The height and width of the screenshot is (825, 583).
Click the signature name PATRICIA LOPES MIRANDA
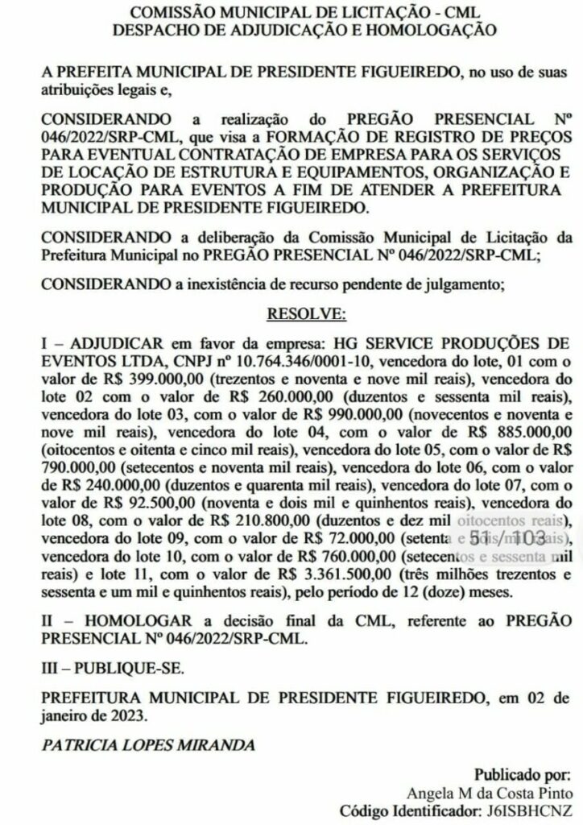pos(149,744)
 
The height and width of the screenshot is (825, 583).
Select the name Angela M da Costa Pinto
pos(494,794)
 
